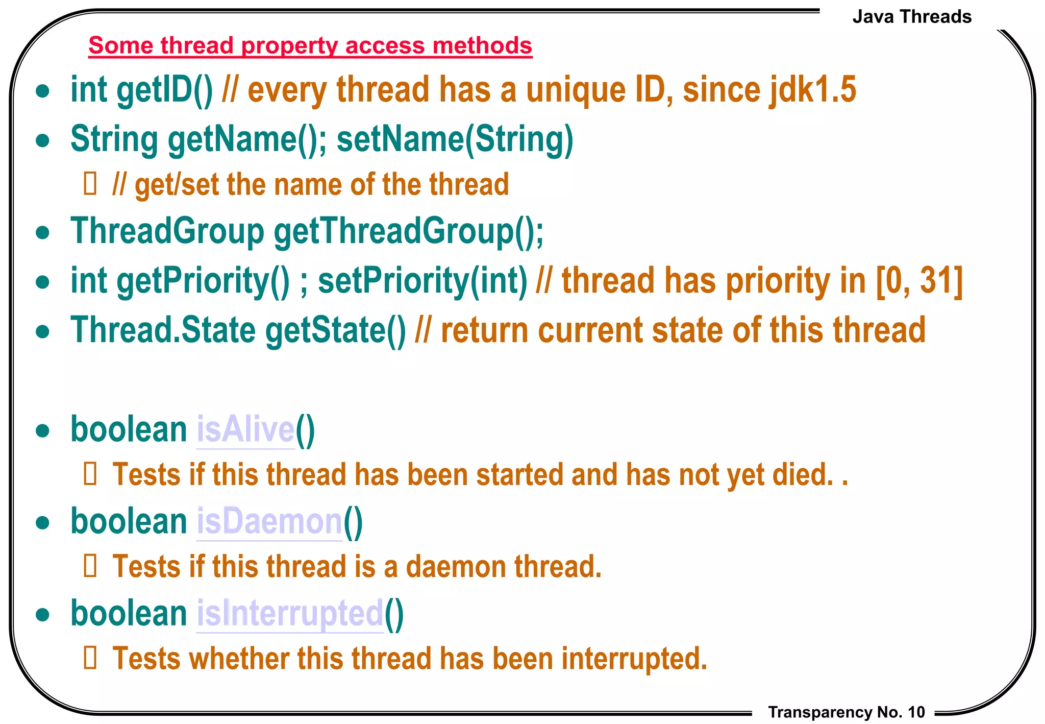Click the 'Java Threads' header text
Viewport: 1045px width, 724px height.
coord(911,17)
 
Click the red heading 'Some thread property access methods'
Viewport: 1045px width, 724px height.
coord(310,45)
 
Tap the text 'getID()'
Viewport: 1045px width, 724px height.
coord(164,90)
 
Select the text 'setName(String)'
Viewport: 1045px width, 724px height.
coord(455,139)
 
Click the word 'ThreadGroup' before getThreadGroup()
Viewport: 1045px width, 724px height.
coord(167,231)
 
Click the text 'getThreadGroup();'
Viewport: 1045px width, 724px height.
coord(409,231)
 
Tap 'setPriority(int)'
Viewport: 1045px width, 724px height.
coord(422,281)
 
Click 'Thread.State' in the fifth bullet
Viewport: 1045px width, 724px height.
coord(163,330)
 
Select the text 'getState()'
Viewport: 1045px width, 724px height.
coord(336,330)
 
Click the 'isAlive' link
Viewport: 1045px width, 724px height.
coord(245,430)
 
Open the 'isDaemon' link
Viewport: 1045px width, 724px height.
coord(269,522)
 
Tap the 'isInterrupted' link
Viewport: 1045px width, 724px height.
coord(290,614)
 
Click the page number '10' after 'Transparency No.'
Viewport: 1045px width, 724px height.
coord(916,712)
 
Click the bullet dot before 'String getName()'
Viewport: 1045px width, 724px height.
coord(43,140)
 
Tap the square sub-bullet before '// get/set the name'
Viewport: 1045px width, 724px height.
coord(90,184)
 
